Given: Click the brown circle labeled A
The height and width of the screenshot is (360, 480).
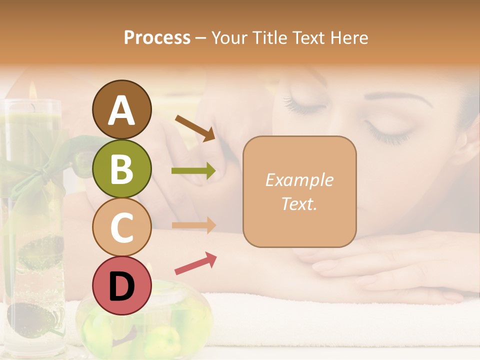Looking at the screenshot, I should [121, 109].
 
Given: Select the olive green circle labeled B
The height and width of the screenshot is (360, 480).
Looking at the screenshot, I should [121, 168].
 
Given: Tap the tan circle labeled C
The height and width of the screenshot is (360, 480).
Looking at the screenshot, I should [121, 227].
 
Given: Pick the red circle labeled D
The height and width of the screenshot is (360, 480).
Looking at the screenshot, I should [121, 286].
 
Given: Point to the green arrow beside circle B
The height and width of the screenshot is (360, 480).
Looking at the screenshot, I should [193, 171].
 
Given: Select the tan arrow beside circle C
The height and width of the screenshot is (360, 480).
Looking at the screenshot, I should [193, 225].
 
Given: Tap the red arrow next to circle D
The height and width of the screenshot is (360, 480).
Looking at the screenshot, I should [195, 263].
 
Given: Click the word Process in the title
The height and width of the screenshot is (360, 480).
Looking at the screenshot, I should [157, 38].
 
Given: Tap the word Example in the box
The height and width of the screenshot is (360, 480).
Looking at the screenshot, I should [299, 180].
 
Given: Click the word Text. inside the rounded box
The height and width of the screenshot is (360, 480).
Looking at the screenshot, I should [299, 203].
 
